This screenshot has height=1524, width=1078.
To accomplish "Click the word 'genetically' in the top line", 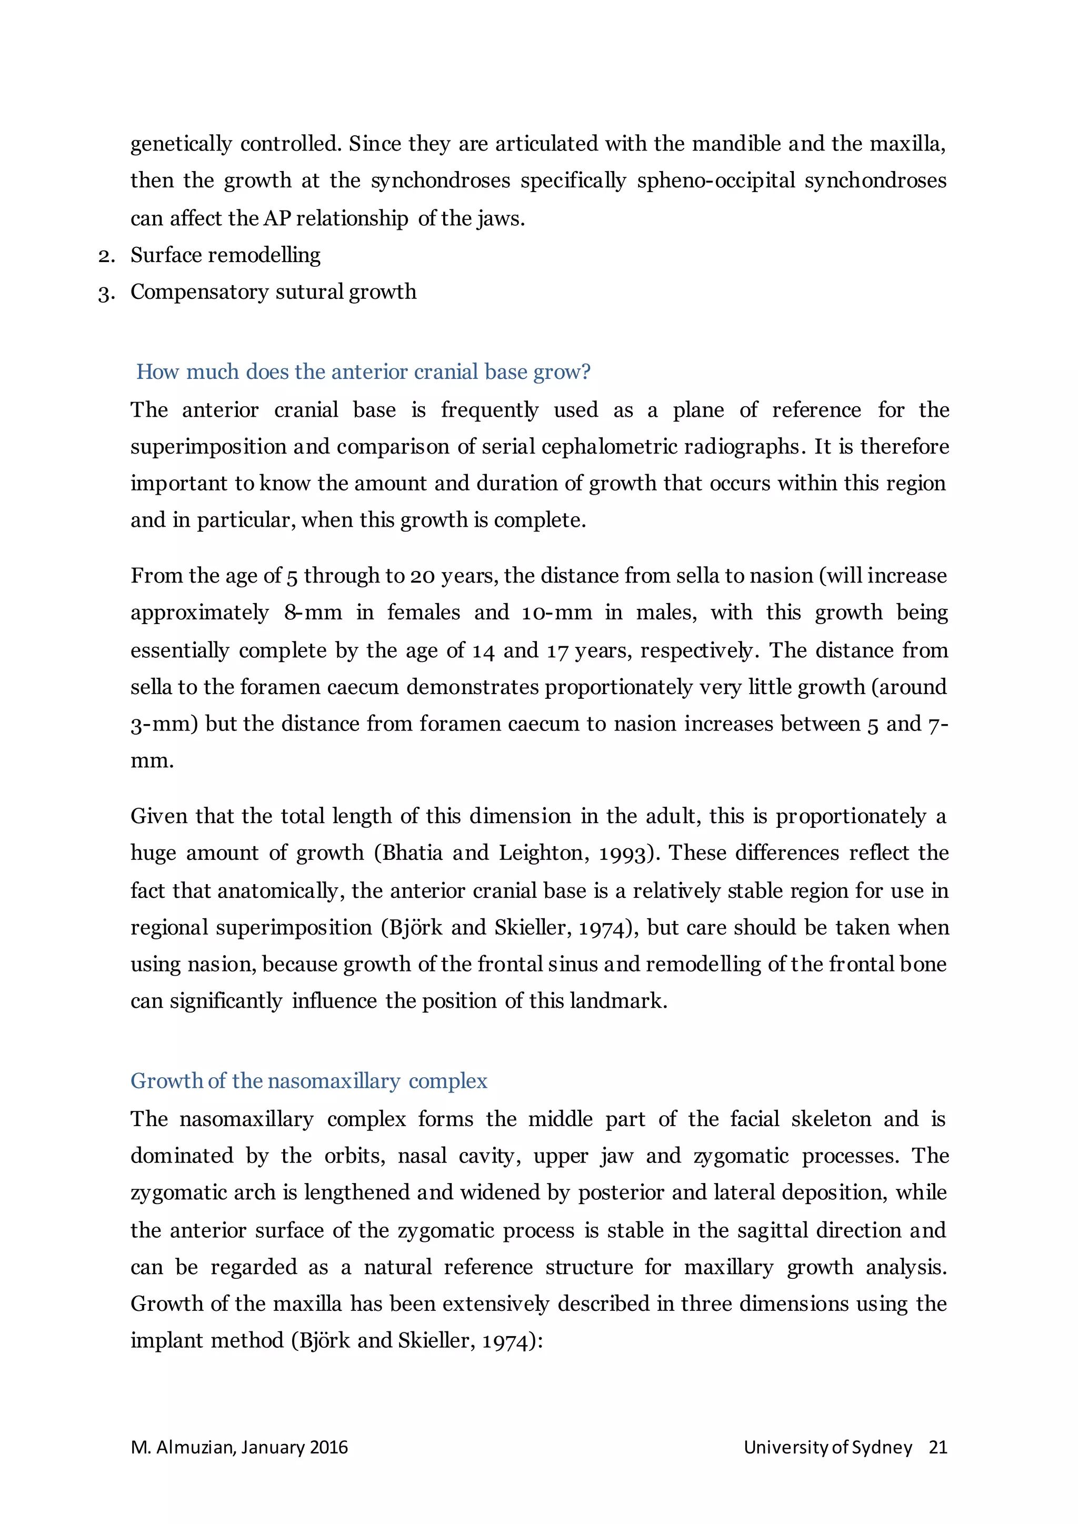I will pos(181,144).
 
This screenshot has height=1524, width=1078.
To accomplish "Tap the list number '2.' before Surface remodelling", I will pos(106,256).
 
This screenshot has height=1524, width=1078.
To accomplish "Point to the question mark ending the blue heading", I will pos(585,372).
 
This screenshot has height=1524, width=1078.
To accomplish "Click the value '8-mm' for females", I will pos(313,612).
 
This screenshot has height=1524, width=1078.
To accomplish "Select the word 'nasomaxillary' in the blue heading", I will pos(334,1081).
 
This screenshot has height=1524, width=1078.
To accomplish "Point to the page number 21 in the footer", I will pos(937,1447).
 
